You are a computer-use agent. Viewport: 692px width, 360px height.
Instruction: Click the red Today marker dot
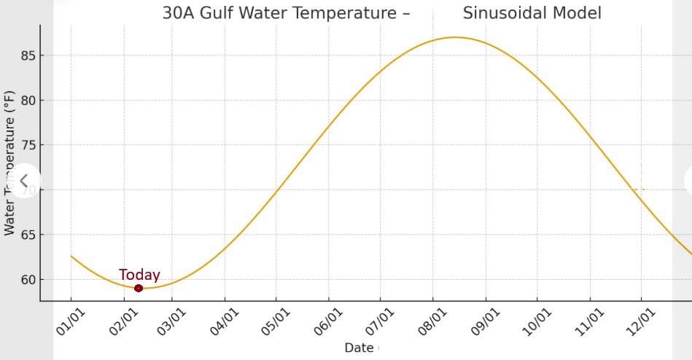(139, 288)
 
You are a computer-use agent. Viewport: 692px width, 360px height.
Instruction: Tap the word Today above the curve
(139, 275)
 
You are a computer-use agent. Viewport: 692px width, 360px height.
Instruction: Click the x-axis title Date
(359, 348)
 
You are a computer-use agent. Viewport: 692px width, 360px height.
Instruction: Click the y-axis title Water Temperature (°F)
(9, 163)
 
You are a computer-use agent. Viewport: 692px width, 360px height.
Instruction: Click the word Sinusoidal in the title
(505, 12)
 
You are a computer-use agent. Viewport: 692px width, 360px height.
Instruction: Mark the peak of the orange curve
(456, 37)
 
